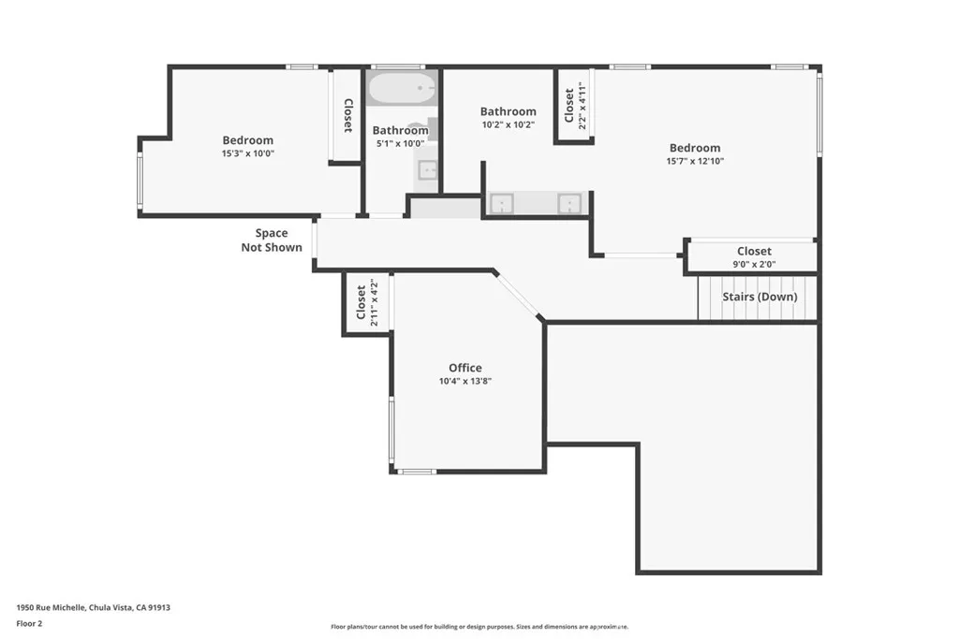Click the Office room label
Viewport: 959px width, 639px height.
465,368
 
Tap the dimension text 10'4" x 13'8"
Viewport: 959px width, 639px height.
465,382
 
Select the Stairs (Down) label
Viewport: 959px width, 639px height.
760,297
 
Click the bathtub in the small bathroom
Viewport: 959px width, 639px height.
402,89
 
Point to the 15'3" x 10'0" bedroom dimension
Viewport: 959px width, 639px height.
248,153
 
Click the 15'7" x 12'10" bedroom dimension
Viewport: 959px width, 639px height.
695,161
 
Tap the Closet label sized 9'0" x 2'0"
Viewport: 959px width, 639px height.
754,251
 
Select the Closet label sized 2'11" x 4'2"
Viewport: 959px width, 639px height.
361,301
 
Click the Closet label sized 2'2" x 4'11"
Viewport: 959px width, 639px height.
568,105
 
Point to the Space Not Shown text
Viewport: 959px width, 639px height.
272,240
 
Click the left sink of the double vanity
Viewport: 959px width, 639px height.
502,204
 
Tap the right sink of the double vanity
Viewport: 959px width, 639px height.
568,204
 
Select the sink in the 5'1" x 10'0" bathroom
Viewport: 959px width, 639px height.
426,169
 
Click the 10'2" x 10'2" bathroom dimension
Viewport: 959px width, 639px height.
508,124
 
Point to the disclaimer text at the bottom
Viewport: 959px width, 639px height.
479,627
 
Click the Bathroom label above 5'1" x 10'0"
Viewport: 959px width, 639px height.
400,131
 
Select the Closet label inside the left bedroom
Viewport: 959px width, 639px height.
347,115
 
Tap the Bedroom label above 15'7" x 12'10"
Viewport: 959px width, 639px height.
695,148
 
